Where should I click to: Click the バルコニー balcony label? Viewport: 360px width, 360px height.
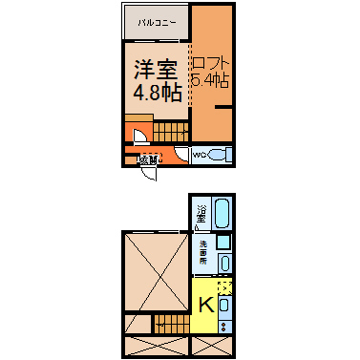(154, 20)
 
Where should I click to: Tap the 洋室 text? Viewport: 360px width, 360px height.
(155, 70)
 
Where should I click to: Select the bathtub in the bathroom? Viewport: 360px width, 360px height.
(222, 216)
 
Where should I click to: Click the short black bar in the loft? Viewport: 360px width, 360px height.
(223, 109)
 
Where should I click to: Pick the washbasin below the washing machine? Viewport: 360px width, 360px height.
(223, 261)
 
